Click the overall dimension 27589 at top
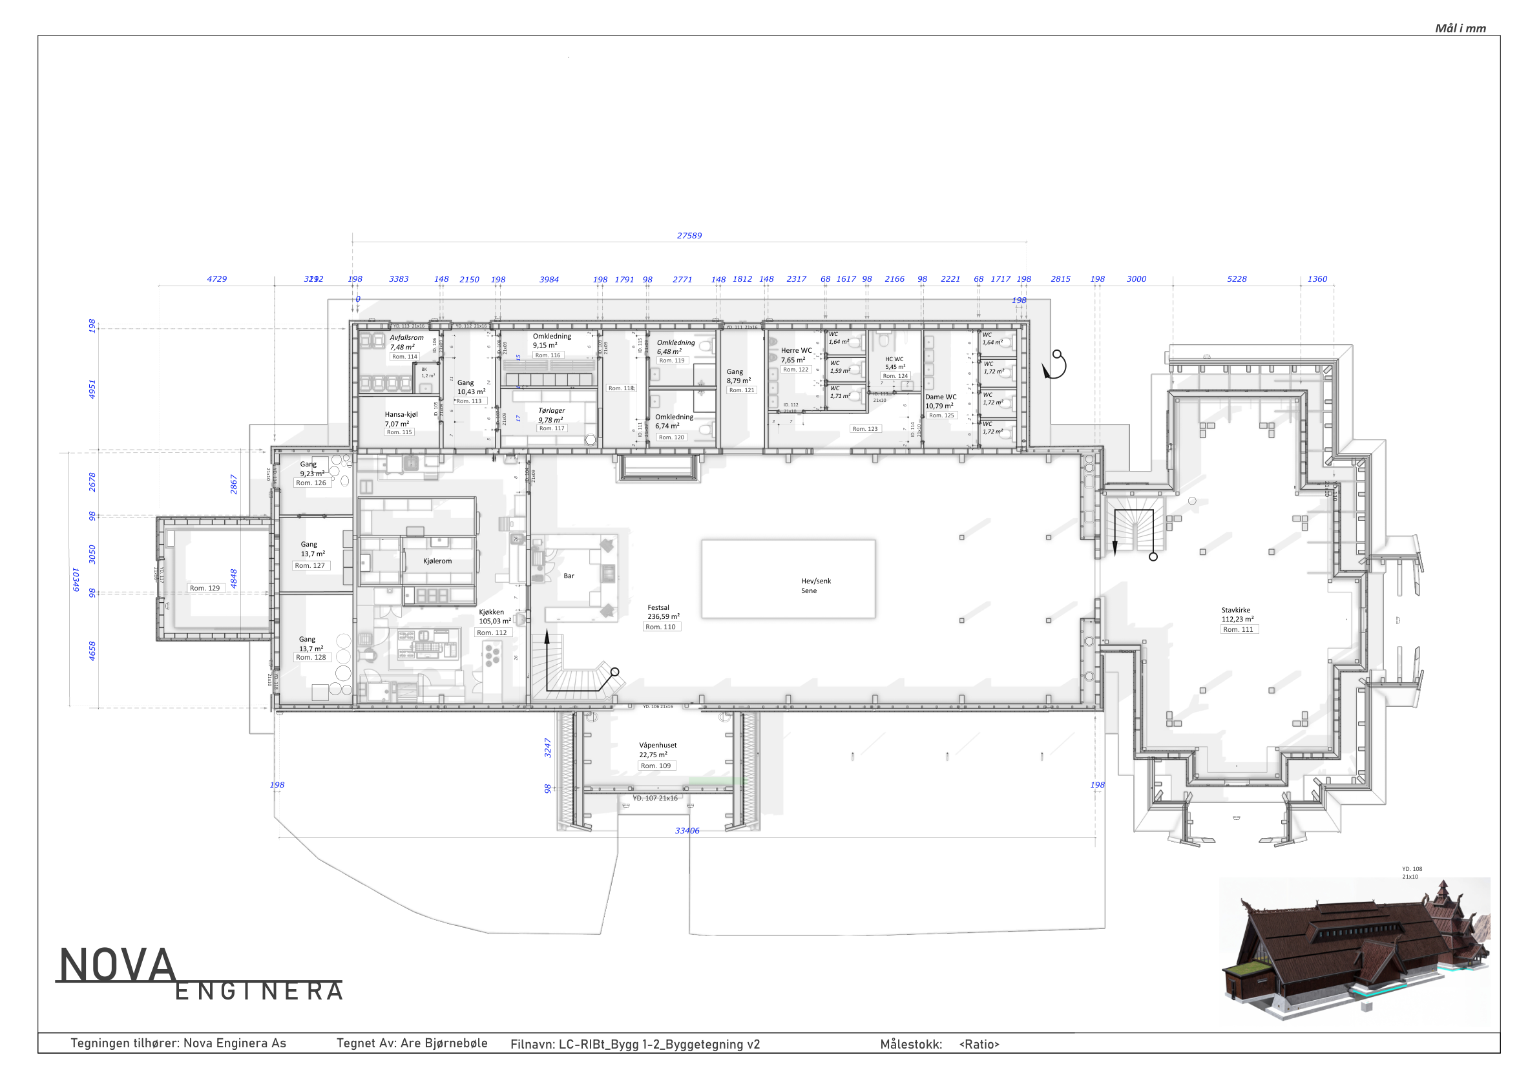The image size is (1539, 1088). pyautogui.click(x=689, y=236)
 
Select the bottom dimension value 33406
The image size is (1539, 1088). pyautogui.click(x=687, y=831)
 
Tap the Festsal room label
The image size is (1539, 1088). pyautogui.click(x=658, y=608)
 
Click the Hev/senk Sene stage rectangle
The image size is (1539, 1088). pyautogui.click(x=788, y=578)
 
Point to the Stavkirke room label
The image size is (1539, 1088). pyautogui.click(x=1235, y=611)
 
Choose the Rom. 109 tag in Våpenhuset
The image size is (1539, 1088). pyautogui.click(x=656, y=766)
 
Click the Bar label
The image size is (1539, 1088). pyautogui.click(x=569, y=576)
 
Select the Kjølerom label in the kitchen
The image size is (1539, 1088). pyautogui.click(x=437, y=561)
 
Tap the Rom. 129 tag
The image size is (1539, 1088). pyautogui.click(x=204, y=588)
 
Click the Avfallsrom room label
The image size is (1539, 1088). pyautogui.click(x=406, y=338)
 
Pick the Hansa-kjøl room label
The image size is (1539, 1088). pyautogui.click(x=401, y=415)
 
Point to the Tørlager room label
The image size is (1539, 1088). pyautogui.click(x=551, y=411)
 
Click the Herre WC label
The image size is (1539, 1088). pyautogui.click(x=795, y=351)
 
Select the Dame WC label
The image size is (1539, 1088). pyautogui.click(x=941, y=397)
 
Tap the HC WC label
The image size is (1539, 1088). pyautogui.click(x=894, y=359)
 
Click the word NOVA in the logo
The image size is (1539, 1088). pyautogui.click(x=118, y=966)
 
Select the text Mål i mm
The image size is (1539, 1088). pyautogui.click(x=1460, y=28)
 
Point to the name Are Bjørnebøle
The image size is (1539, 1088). pyautogui.click(x=443, y=1043)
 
